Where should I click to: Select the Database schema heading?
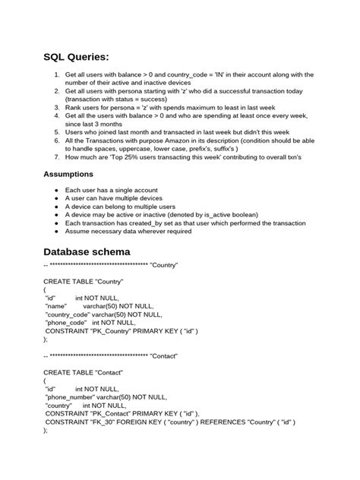[97, 251]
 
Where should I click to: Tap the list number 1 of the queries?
[56, 74]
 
